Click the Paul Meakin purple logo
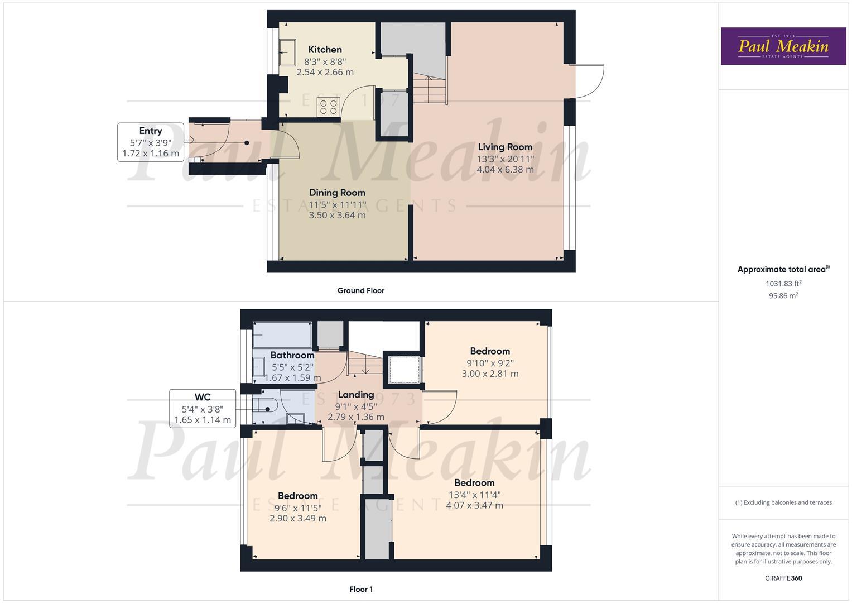(x=783, y=46)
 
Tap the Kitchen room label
(x=325, y=50)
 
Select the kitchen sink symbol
(x=287, y=52)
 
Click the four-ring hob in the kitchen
(x=329, y=107)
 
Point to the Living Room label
(x=505, y=147)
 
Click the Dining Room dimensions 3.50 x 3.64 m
(x=337, y=215)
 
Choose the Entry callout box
(x=151, y=142)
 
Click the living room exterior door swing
(x=589, y=82)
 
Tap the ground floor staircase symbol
(x=430, y=89)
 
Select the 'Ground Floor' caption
(x=360, y=290)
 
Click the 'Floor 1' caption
(x=360, y=589)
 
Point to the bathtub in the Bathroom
(x=282, y=335)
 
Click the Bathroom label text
(x=292, y=355)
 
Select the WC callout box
(x=202, y=409)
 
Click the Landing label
(x=355, y=395)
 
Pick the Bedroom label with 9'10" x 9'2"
(x=490, y=351)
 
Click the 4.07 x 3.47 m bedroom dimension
(x=474, y=506)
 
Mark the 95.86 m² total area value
(x=783, y=296)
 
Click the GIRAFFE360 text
(x=783, y=578)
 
